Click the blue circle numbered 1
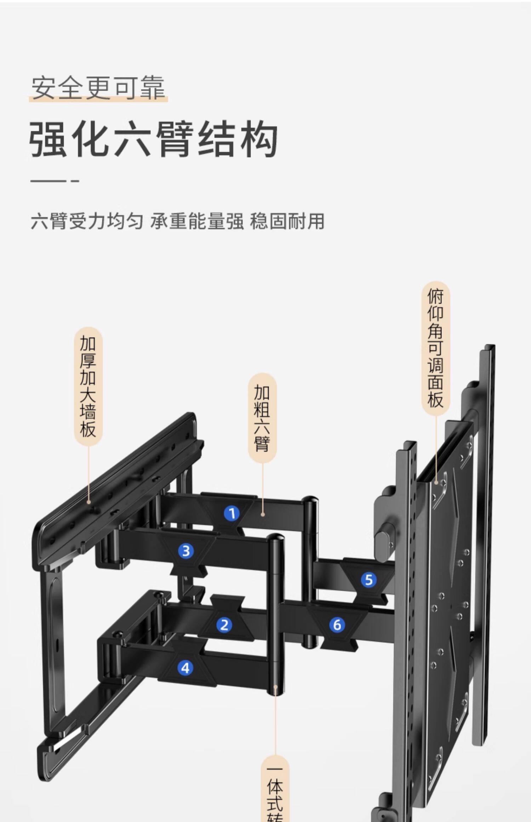(x=232, y=513)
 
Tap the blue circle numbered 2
(x=224, y=625)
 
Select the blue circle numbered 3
(x=186, y=551)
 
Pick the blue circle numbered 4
(x=185, y=668)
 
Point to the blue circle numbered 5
(x=369, y=580)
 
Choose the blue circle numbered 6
(x=337, y=625)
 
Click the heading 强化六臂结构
(x=153, y=139)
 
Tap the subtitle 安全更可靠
(x=98, y=87)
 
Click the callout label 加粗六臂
(x=262, y=418)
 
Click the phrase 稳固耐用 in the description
(x=287, y=221)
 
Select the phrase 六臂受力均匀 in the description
(x=87, y=221)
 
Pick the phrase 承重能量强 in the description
(x=197, y=221)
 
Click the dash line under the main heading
(x=55, y=181)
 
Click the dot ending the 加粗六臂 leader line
(x=263, y=514)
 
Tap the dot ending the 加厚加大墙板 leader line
(x=88, y=502)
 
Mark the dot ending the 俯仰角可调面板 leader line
(x=436, y=482)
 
